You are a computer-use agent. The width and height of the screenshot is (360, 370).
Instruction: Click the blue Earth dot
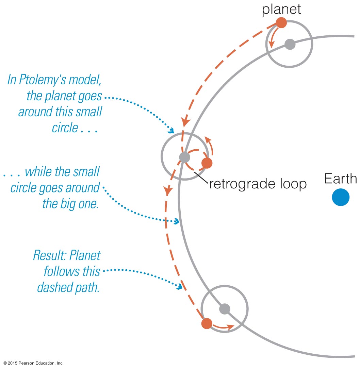[341, 198]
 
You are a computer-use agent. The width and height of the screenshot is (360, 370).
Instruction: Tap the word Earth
[341, 179]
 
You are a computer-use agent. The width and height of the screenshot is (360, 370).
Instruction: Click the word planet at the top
[281, 9]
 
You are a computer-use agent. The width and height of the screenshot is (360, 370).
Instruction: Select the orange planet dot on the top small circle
[281, 23]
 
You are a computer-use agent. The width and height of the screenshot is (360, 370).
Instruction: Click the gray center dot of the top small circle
[290, 44]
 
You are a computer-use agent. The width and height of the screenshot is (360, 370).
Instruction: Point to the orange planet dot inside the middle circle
[207, 163]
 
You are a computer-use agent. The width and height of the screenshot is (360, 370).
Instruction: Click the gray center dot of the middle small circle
[184, 157]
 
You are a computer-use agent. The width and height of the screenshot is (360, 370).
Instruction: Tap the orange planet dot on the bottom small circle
[207, 323]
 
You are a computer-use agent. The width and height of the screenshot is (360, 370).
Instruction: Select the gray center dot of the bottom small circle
[225, 309]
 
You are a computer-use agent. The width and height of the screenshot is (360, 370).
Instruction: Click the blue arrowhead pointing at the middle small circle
[171, 131]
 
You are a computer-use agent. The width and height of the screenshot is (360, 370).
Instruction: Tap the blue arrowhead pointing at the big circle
[176, 222]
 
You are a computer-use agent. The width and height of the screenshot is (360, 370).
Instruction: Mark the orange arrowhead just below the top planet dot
[272, 45]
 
